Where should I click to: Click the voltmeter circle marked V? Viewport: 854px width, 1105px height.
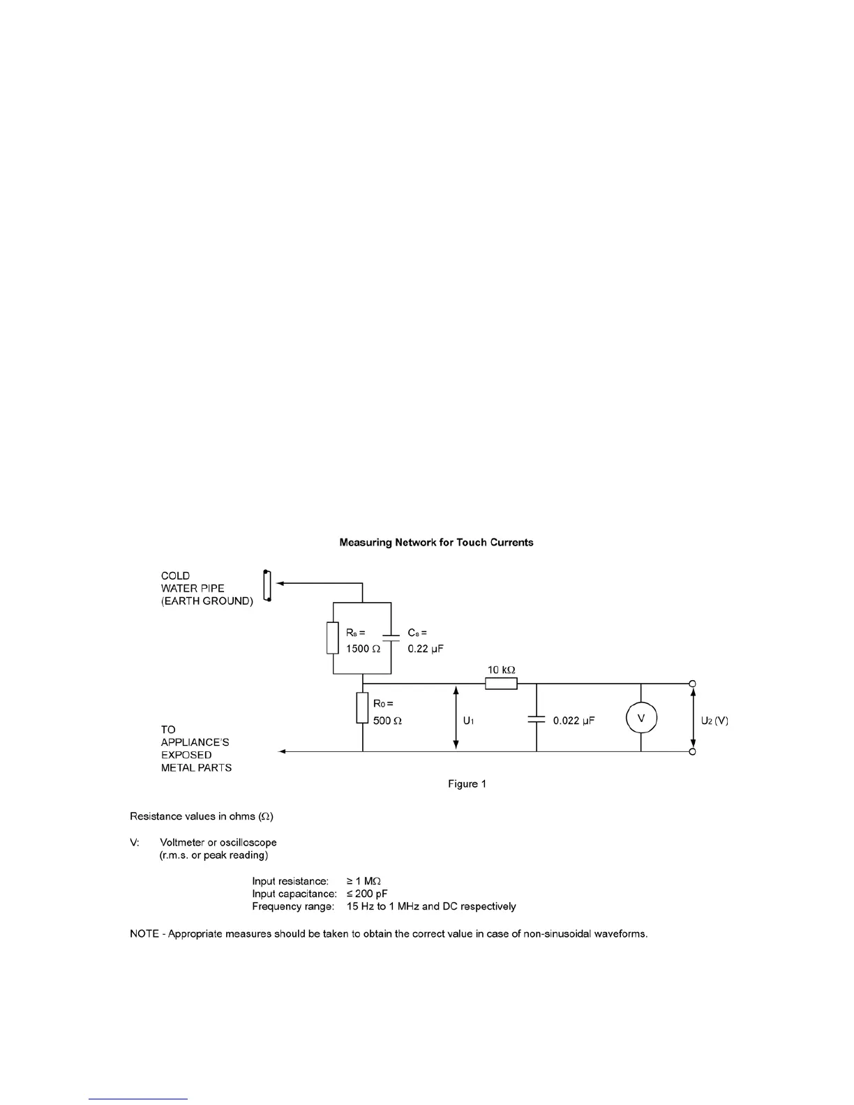tap(641, 718)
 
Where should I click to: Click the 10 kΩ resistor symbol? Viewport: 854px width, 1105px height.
tap(501, 683)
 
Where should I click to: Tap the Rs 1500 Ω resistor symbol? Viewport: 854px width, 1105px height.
tap(333, 638)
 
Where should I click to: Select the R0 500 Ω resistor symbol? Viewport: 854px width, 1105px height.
tap(363, 707)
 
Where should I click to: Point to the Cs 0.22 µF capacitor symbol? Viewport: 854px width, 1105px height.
tap(391, 638)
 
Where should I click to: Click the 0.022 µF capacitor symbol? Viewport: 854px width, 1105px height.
tap(537, 719)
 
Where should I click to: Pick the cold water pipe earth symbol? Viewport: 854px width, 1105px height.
tap(267, 585)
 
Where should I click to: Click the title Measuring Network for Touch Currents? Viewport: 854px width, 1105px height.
tap(436, 542)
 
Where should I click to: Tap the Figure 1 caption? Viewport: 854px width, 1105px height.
tap(467, 784)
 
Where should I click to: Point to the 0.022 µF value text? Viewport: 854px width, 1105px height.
tap(574, 721)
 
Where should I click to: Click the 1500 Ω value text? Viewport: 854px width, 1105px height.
tap(364, 649)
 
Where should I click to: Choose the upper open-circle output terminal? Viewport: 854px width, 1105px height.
tap(692, 683)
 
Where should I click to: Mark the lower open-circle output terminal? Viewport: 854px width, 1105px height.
tap(692, 751)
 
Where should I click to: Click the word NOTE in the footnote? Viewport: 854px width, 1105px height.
tap(144, 933)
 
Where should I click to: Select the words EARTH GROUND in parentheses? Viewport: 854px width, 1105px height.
tap(207, 601)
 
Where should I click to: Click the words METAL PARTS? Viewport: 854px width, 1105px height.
tap(196, 767)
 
